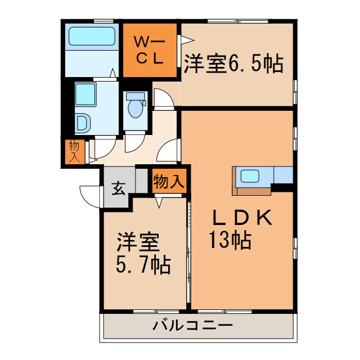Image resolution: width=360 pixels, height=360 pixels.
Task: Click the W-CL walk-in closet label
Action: coord(149,50)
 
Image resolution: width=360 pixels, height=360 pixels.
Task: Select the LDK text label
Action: coord(242,218)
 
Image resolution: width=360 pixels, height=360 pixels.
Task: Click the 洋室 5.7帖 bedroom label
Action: coord(143,254)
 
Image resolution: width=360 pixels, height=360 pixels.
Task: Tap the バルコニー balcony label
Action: coord(192,326)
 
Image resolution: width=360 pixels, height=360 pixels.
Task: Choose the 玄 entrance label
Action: coord(118,188)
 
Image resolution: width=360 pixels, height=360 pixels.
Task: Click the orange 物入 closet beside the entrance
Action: coord(169,182)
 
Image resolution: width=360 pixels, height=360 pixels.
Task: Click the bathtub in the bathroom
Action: coord(92,37)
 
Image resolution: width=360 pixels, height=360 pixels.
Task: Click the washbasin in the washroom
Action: coord(82,123)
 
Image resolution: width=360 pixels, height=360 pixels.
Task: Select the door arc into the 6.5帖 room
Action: coord(164,99)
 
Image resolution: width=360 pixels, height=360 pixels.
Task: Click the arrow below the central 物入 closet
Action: coord(159,201)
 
